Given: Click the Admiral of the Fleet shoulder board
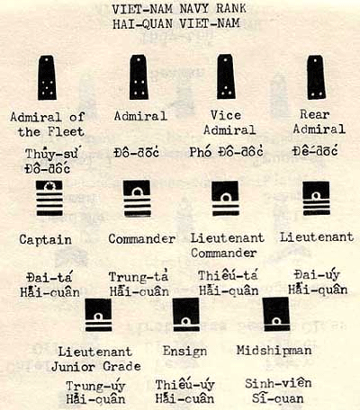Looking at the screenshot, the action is [47, 77].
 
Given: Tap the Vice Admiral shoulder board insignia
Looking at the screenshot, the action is [226, 77].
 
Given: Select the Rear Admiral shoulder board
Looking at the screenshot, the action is [316, 77].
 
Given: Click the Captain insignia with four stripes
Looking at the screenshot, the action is [49, 199].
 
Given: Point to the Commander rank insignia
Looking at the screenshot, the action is [137, 199].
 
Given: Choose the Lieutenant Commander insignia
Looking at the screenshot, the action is [225, 198].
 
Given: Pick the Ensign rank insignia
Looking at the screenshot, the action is [186, 315].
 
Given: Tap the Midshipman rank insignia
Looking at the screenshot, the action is [276, 314].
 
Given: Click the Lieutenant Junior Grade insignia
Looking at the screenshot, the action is [98, 315].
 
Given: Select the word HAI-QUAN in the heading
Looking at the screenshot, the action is [142, 24].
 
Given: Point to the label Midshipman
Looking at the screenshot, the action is [274, 351].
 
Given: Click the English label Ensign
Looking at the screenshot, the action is [184, 352].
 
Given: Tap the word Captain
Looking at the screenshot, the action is [46, 240].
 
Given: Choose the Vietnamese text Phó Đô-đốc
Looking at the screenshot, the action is [226, 152].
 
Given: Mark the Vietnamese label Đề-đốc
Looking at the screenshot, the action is [315, 150].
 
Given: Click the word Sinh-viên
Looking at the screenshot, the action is [278, 384].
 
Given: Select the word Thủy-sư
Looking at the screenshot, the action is [52, 154].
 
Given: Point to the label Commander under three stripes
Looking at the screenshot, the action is [142, 239].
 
